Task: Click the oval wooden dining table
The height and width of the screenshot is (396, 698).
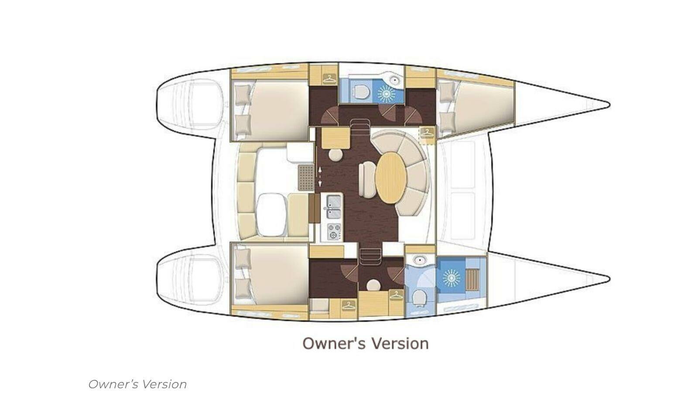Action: pyautogui.click(x=391, y=178)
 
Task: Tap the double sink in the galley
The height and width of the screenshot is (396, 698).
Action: pyautogui.click(x=333, y=207)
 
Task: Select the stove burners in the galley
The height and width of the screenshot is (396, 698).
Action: pyautogui.click(x=334, y=232)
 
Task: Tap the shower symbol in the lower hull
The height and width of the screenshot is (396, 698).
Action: pyautogui.click(x=451, y=278)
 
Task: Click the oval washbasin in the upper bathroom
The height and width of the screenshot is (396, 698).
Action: pyautogui.click(x=394, y=80)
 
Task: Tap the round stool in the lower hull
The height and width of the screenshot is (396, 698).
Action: pyautogui.click(x=373, y=285)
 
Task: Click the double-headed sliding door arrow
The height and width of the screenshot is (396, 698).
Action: pyautogui.click(x=320, y=177)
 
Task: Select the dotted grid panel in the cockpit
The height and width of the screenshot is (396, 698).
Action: pyautogui.click(x=306, y=178)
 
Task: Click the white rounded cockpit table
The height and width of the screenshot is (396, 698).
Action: pyautogui.click(x=271, y=215)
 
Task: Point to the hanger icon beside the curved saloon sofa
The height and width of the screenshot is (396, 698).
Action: pyautogui.click(x=428, y=133)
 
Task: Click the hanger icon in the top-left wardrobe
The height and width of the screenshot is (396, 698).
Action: pyautogui.click(x=330, y=79)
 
